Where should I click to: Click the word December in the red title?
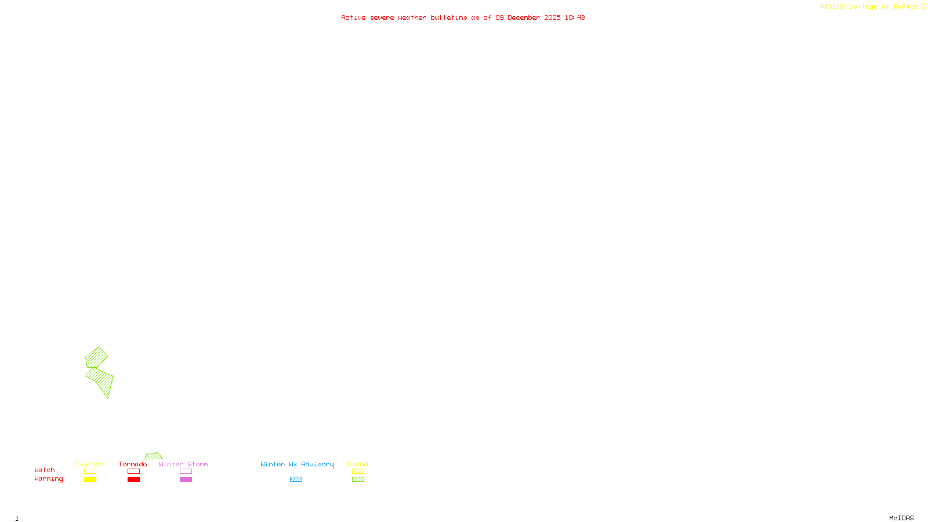click(524, 17)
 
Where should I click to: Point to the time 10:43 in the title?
click(575, 17)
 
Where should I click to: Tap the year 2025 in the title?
click(552, 17)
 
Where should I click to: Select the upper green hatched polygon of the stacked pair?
click(96, 357)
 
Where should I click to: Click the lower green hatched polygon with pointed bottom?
click(102, 380)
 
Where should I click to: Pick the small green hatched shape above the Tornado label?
click(154, 456)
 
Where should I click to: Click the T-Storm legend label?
click(89, 464)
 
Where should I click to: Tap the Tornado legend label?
click(133, 464)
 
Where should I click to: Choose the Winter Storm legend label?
click(183, 464)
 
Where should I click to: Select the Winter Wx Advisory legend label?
click(297, 464)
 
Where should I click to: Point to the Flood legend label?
click(358, 464)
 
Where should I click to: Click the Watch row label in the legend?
click(45, 470)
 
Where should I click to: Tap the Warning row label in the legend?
click(48, 479)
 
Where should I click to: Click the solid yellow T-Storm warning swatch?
click(90, 480)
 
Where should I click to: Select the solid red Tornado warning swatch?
click(133, 480)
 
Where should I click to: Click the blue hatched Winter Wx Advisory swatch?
click(296, 480)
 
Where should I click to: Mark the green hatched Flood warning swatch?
click(358, 480)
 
